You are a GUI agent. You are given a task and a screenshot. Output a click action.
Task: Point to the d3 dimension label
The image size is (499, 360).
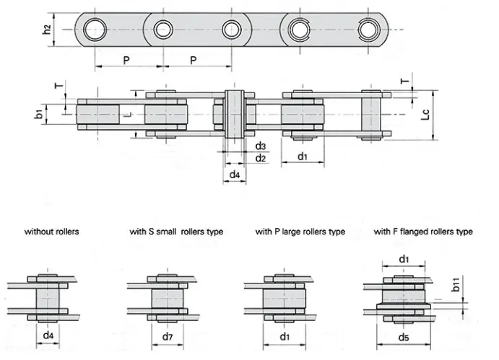tap(260, 146)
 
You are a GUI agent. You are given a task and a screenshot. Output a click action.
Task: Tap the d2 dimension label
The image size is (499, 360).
tap(260, 158)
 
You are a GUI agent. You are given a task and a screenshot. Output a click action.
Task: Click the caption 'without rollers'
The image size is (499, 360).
tap(52, 232)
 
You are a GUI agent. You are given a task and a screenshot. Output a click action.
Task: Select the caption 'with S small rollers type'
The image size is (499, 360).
tap(176, 232)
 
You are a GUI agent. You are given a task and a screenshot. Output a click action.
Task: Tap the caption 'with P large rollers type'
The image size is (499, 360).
tap(300, 232)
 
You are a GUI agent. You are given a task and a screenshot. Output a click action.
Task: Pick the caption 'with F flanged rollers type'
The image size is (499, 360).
tap(423, 232)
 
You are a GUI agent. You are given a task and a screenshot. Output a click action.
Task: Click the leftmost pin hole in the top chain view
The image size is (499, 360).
tap(93, 30)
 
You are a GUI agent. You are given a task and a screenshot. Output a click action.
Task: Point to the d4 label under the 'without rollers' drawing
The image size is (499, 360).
tap(48, 335)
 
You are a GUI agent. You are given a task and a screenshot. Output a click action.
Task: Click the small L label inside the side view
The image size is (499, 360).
tap(126, 115)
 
